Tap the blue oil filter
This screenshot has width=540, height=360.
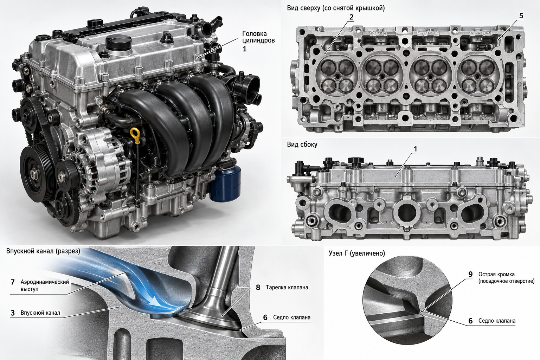click(x=225, y=183)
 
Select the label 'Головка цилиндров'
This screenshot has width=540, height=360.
click(x=258, y=37)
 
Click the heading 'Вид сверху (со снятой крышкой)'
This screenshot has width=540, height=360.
click(x=336, y=8)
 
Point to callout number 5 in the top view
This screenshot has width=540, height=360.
click(x=521, y=16)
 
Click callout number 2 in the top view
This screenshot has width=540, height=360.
click(x=351, y=17)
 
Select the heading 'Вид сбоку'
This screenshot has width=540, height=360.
click(x=302, y=144)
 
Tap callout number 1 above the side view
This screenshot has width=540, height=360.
click(x=415, y=149)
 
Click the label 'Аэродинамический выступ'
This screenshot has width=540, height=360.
click(x=45, y=285)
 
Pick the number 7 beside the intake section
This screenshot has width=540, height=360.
click(x=13, y=282)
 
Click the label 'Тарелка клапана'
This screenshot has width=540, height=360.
click(x=287, y=288)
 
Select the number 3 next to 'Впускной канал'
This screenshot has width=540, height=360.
click(x=13, y=313)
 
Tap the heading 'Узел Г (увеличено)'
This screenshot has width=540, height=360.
click(x=357, y=253)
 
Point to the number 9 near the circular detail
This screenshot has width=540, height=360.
click(x=470, y=275)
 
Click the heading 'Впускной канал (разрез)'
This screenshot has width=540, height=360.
click(x=43, y=251)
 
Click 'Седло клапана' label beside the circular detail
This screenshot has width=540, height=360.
click(x=497, y=321)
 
